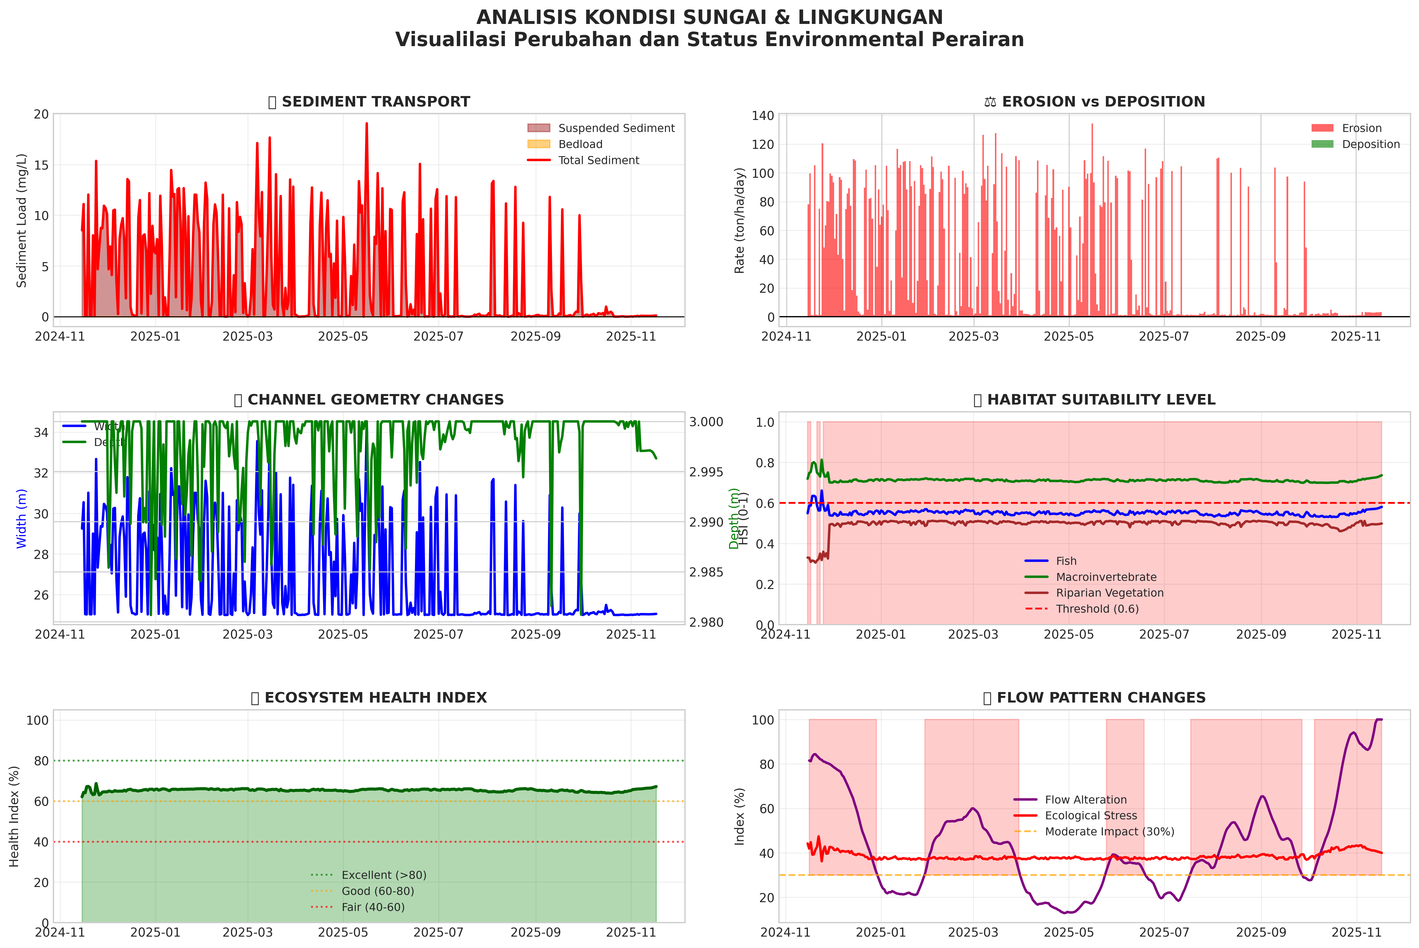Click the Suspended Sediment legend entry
click(616, 128)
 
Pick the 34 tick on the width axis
click(41, 432)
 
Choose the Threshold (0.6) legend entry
click(1097, 609)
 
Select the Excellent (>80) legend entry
click(383, 875)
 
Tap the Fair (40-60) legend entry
click(372, 907)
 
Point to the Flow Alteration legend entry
click(1085, 800)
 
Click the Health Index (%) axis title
click(15, 816)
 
